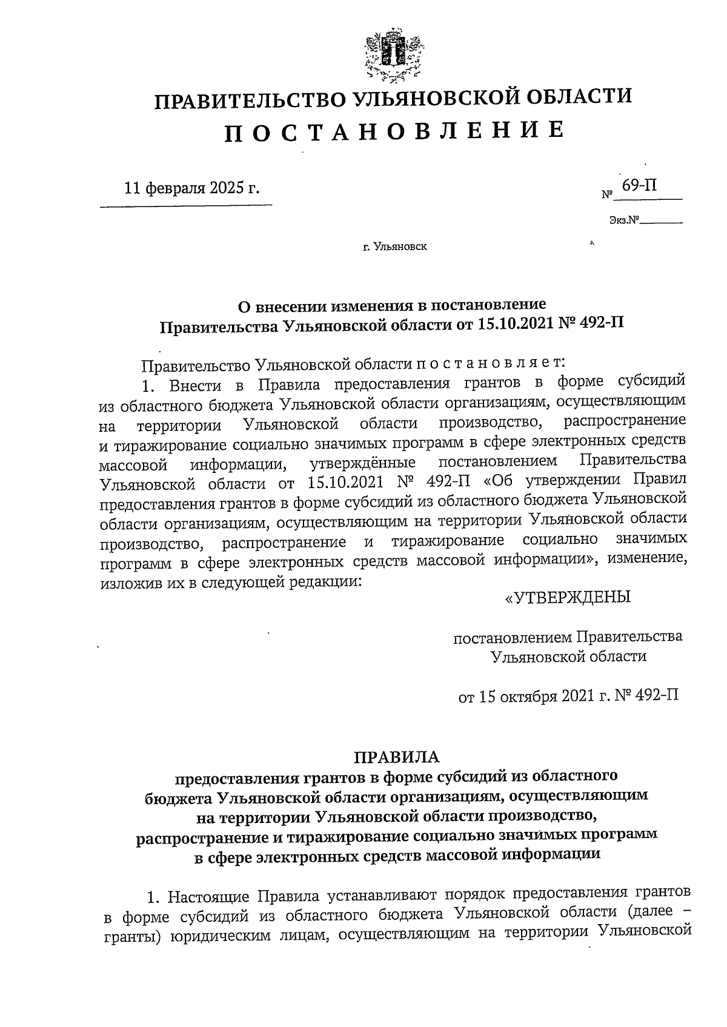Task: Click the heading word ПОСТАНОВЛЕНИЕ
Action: pyautogui.click(x=394, y=131)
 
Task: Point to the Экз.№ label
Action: pyautogui.click(x=625, y=222)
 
